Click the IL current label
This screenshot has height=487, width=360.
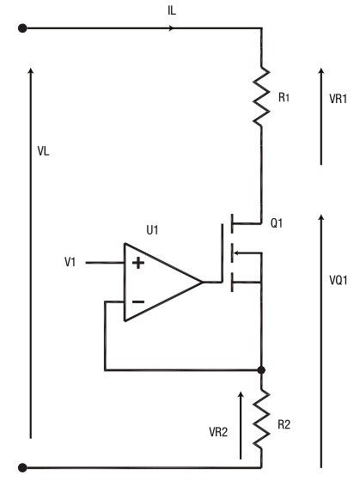[172, 10]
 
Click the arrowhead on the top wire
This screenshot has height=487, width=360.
[171, 28]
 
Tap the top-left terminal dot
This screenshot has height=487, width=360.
[22, 28]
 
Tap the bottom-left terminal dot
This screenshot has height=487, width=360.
[22, 467]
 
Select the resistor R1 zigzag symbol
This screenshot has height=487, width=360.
[261, 96]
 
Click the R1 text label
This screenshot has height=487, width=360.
[284, 98]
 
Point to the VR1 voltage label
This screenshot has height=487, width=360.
[338, 99]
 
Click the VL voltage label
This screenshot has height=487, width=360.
[43, 151]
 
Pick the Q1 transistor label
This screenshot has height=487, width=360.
[277, 223]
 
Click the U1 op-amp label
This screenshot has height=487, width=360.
[152, 230]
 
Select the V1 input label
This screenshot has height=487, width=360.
[70, 262]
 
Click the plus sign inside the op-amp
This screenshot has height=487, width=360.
[138, 263]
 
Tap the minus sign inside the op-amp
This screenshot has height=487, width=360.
[138, 301]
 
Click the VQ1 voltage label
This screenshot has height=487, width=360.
[339, 280]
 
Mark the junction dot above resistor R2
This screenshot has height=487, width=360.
[261, 370]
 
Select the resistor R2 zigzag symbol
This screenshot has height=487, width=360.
[261, 419]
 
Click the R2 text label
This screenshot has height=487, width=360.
[284, 424]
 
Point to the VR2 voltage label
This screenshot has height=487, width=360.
[218, 432]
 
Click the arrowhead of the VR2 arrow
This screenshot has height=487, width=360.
[241, 394]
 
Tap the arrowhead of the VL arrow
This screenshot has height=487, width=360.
[30, 71]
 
